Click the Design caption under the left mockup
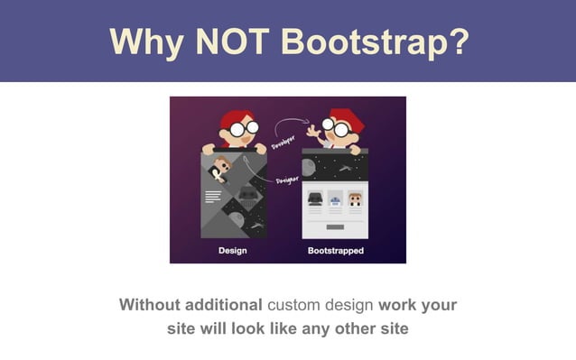232,250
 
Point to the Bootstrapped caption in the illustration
335,250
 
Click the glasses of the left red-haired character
237,129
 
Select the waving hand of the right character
315,131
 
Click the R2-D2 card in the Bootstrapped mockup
335,198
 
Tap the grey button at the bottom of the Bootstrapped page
335,226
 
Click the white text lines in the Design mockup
213,195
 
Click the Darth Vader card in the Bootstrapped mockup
315,198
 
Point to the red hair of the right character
342,116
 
